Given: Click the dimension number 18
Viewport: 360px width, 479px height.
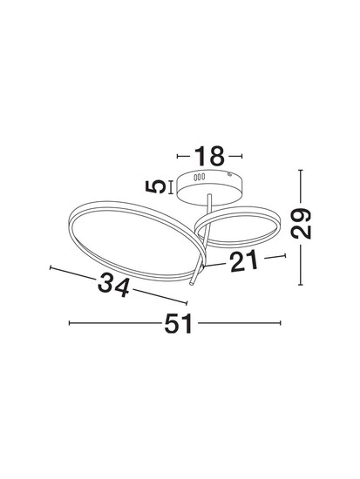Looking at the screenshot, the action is (209, 156).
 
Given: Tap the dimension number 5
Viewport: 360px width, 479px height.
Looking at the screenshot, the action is (156, 186).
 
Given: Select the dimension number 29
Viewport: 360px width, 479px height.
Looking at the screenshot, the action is (301, 223).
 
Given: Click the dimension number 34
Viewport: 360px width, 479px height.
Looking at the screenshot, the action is (113, 285).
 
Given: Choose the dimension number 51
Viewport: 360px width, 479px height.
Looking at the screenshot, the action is (179, 323).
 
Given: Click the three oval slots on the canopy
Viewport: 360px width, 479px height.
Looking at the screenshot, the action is (199, 177).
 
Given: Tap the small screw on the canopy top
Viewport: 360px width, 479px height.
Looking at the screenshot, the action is (229, 174).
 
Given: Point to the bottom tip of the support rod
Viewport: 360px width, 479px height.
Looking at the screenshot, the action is (191, 284).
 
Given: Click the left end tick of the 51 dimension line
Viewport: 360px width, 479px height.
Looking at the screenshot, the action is (70, 323).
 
